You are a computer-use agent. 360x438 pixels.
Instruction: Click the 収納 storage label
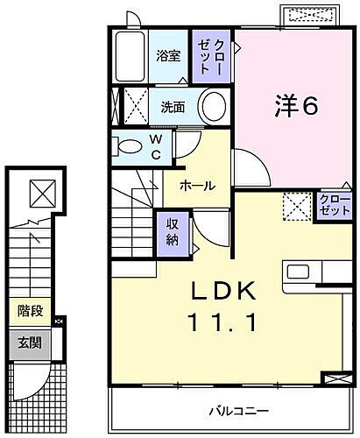(x=172, y=230)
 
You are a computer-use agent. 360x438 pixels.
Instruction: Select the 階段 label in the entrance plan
(x=31, y=310)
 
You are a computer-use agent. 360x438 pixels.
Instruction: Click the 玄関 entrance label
(x=31, y=343)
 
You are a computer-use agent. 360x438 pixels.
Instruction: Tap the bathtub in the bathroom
(x=129, y=58)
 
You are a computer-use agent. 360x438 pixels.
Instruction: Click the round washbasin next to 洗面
(x=212, y=107)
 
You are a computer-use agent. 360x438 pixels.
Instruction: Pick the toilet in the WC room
(x=128, y=145)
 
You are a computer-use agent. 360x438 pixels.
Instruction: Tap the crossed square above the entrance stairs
(x=39, y=190)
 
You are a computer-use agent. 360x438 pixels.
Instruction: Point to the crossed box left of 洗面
(x=135, y=106)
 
